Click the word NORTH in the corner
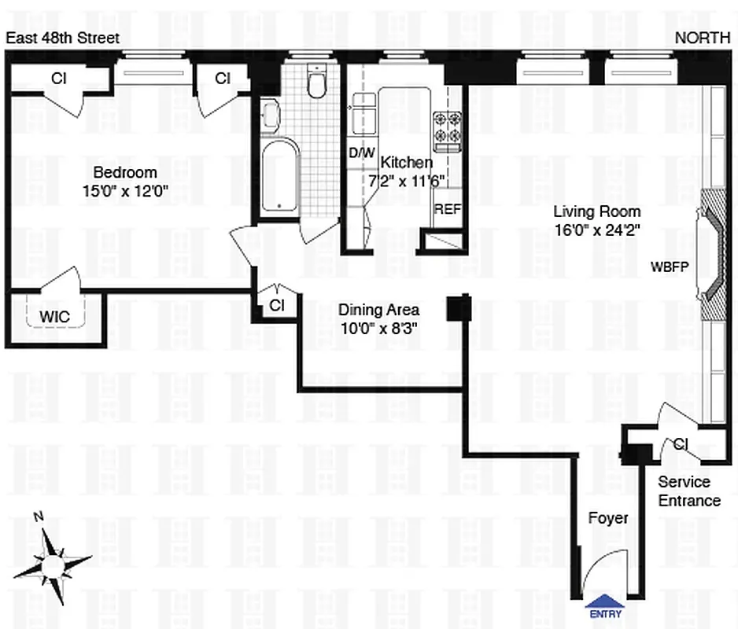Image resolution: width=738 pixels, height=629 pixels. click(x=703, y=38)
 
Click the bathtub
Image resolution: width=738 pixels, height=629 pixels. click(x=280, y=176)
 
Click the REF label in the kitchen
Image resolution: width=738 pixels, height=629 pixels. click(x=447, y=210)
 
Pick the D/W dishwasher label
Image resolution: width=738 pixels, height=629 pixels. click(x=361, y=154)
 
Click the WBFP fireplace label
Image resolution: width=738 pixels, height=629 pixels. click(x=670, y=266)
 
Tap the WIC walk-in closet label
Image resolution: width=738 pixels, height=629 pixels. click(x=54, y=316)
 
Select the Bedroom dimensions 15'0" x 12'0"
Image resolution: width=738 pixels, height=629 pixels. click(x=125, y=189)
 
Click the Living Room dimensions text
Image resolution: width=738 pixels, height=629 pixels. click(x=596, y=228)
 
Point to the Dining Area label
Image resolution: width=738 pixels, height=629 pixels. click(x=378, y=311)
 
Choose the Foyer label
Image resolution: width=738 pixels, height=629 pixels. click(x=608, y=518)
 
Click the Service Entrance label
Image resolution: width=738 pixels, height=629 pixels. click(x=688, y=491)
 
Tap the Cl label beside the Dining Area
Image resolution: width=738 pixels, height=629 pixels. click(x=277, y=304)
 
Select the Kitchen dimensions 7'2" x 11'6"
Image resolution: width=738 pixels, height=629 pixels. click(x=407, y=180)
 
